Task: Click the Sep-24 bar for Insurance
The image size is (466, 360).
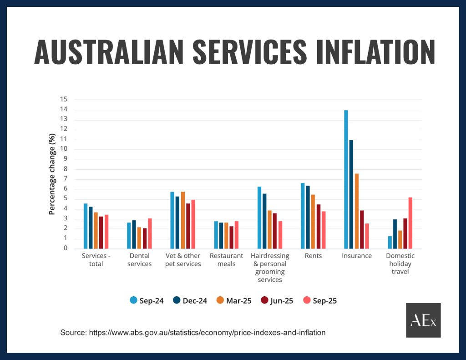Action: [346, 179]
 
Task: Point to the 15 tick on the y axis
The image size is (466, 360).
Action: [64, 99]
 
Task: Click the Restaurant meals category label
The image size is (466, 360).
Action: [227, 260]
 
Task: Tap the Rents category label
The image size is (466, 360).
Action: [314, 256]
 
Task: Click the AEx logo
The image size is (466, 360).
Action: [423, 320]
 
